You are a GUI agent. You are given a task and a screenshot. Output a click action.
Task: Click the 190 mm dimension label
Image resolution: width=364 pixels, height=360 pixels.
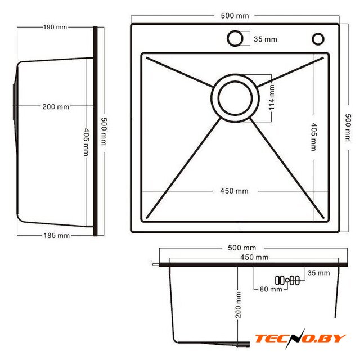click(x=55, y=27)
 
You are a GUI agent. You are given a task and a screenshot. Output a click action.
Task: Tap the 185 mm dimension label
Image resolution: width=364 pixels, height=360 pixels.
click(x=56, y=235)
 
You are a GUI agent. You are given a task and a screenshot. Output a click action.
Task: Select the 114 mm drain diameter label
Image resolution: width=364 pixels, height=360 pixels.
click(x=271, y=97)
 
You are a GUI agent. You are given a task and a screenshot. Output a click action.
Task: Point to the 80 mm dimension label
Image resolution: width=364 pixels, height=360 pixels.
click(x=271, y=289)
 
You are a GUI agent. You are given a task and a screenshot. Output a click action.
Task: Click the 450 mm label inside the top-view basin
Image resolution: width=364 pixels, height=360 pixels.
click(x=234, y=191)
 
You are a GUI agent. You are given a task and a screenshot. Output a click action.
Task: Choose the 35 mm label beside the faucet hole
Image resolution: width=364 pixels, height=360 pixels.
click(x=266, y=39)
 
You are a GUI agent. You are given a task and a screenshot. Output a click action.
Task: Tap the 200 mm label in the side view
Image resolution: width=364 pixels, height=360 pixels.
click(x=56, y=107)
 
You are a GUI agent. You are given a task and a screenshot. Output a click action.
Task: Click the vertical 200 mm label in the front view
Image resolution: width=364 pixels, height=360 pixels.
click(x=238, y=305)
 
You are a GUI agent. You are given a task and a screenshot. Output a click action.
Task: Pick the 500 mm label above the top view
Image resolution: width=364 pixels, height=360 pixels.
click(x=235, y=16)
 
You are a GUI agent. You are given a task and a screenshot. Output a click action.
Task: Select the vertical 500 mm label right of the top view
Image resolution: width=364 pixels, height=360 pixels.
click(x=348, y=128)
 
